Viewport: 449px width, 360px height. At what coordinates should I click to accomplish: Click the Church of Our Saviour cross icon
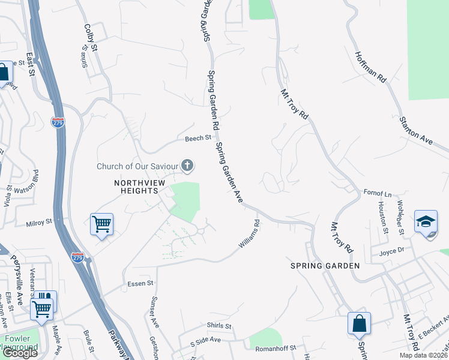click(188, 165)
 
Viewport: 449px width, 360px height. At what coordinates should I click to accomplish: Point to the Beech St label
click(198, 138)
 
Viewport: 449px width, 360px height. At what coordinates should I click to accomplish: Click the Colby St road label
click(91, 37)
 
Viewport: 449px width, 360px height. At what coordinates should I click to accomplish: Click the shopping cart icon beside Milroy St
click(101, 225)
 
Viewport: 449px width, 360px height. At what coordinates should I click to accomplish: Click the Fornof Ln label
click(378, 193)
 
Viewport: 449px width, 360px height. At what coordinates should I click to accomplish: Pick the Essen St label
click(141, 283)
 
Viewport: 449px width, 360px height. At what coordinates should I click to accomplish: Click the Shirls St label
click(219, 326)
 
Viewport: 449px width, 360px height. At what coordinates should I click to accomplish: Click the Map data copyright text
click(423, 355)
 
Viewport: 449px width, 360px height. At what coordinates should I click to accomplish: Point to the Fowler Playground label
click(21, 343)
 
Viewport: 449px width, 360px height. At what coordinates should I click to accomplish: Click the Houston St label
click(382, 214)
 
